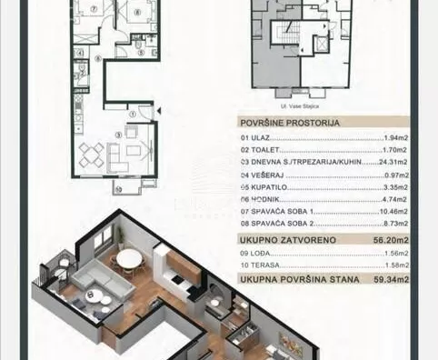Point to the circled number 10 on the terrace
click(117, 188)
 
